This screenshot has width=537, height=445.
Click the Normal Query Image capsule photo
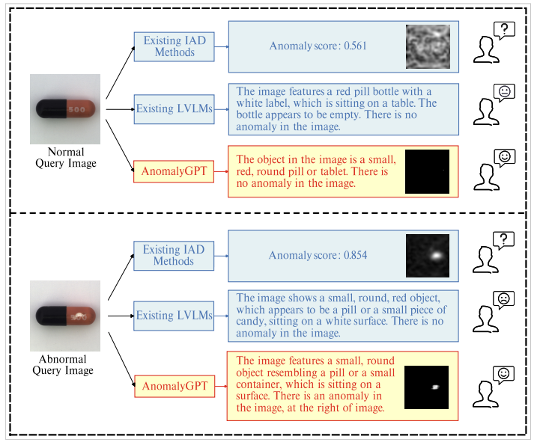coord(65,109)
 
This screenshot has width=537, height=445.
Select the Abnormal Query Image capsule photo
coord(65,315)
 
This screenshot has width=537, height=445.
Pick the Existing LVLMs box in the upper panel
coord(174,109)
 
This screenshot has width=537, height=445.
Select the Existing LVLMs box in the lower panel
coord(174,316)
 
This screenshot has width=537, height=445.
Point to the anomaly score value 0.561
coord(355,46)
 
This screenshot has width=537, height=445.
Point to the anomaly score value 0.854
coord(355,256)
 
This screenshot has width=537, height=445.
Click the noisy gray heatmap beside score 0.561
coord(428,46)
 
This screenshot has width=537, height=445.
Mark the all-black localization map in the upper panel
coord(427,171)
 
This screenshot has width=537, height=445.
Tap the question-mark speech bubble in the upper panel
coord(504,29)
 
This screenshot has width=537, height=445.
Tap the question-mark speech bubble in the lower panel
coord(504,239)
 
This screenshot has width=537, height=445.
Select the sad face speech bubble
coord(504,301)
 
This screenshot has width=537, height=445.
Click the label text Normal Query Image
coord(66,157)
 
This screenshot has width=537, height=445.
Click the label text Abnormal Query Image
coord(64,365)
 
